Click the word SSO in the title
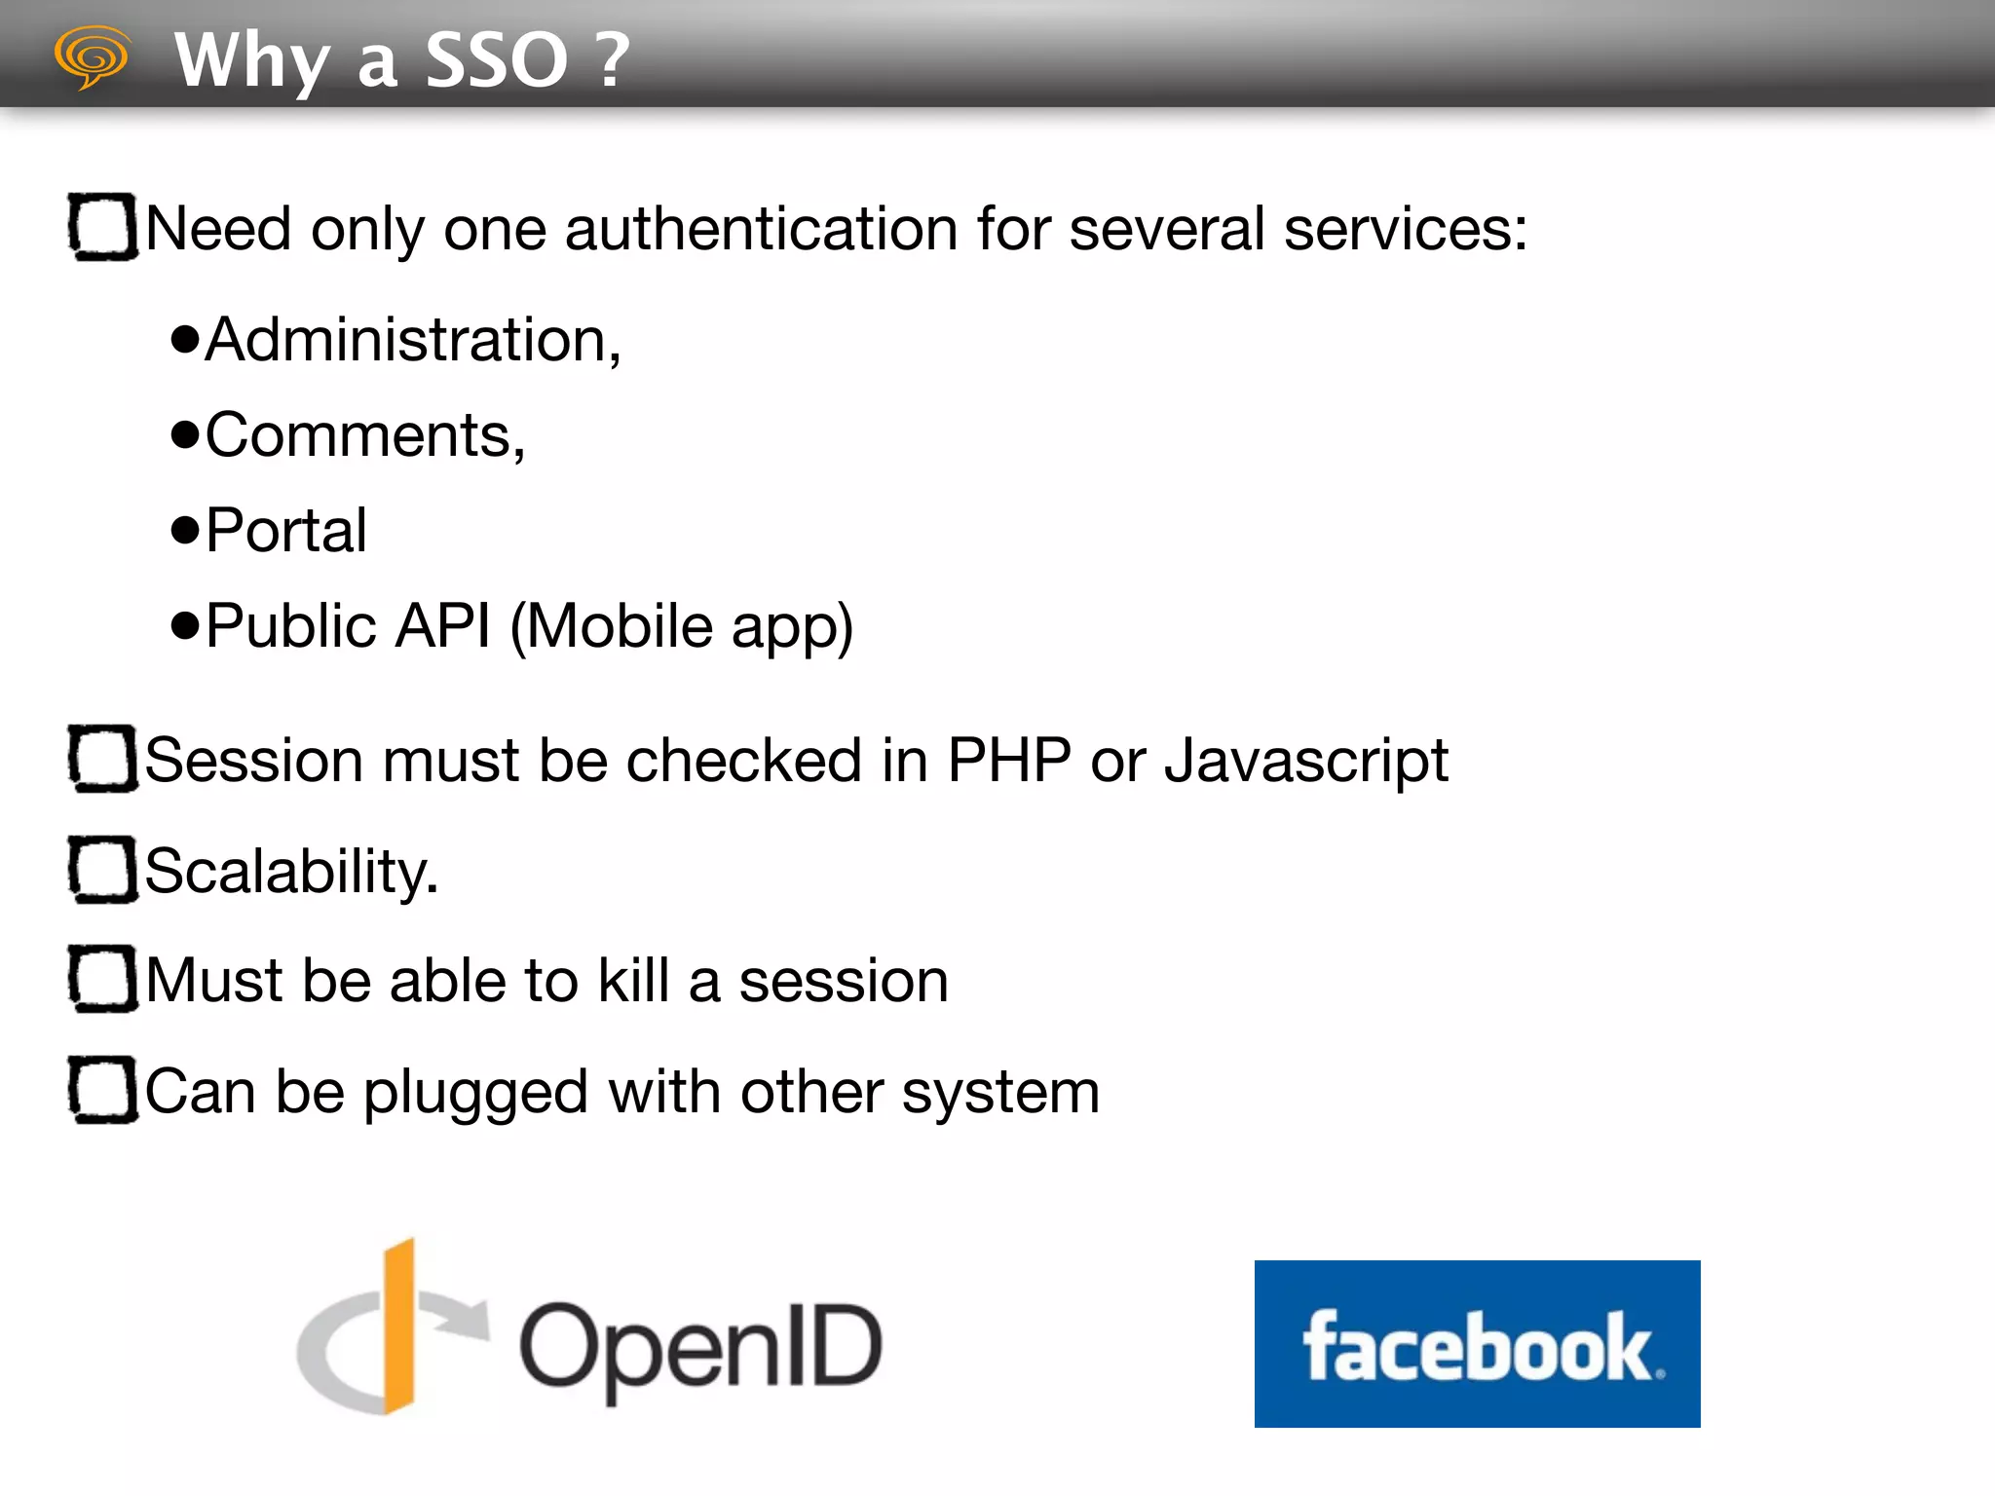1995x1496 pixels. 497,60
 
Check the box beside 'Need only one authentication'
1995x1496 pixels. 102,227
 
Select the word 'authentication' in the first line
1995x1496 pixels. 761,230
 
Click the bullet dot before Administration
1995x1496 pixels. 184,340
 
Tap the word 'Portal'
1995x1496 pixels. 286,531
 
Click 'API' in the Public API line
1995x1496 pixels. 443,625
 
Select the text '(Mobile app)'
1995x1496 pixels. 682,627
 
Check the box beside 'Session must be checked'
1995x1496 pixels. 102,758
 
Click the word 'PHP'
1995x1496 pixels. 1008,760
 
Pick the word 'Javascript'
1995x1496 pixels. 1306,762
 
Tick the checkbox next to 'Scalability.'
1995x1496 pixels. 102,869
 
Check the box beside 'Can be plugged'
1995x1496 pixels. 102,1089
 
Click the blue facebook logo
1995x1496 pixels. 1477,1344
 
